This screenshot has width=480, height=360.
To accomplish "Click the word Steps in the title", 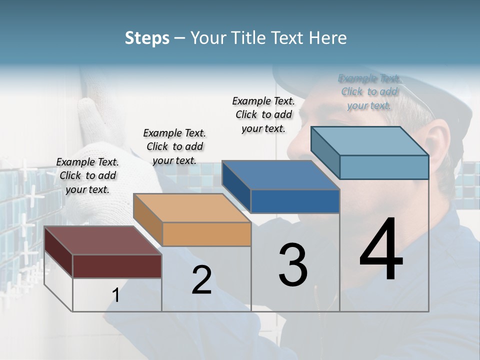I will pos(147,38).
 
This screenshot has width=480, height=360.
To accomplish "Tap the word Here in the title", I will pos(328,38).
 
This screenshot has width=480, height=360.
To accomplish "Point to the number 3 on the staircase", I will pos(293,264).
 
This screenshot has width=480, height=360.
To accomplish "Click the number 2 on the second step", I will pos(201,280).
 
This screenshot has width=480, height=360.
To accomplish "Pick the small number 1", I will pos(115,295).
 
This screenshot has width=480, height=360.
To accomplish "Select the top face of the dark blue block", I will pos(280,175).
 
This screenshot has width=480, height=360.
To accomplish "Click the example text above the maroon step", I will pos(87,175).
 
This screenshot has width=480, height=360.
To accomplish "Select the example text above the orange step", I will pos(174,146).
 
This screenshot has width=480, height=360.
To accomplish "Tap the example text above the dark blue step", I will pos(263,114).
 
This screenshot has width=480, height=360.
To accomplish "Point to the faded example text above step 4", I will pos(369,91).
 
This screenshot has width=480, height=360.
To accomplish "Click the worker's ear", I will pos(436,142).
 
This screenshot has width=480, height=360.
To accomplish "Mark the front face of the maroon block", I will pos(117,266).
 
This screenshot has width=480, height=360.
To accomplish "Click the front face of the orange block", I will pos(206,234).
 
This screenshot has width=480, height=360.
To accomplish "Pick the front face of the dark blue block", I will pos(295,201).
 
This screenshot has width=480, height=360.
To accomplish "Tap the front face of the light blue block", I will pos(384,167).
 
